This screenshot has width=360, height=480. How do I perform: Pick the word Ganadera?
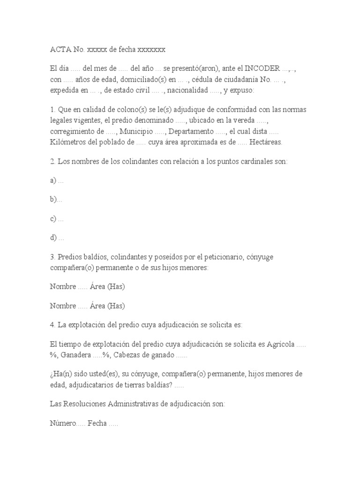click(x=76, y=355)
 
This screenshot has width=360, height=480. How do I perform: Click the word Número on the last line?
click(x=63, y=423)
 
